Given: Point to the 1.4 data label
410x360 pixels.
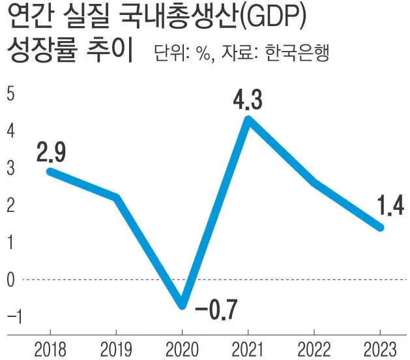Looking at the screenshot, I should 390,207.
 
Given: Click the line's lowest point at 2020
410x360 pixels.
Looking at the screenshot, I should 183,305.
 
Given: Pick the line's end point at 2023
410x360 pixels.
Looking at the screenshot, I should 380,227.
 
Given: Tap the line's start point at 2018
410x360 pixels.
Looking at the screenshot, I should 50,171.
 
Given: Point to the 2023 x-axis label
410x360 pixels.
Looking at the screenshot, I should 379,349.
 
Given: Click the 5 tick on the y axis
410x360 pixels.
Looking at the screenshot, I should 10,94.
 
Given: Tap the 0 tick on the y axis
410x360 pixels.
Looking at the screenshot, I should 10,280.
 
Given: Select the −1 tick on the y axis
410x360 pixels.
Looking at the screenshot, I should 11,317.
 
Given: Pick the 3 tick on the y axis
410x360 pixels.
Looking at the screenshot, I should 10,168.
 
